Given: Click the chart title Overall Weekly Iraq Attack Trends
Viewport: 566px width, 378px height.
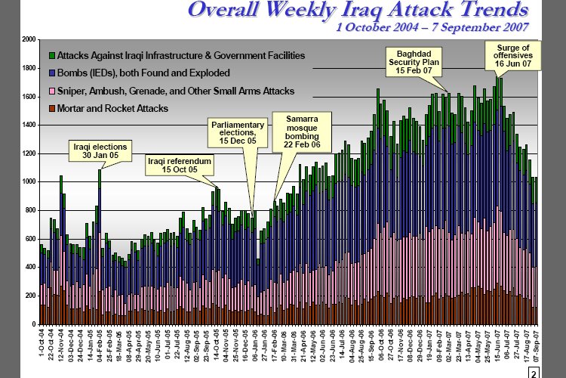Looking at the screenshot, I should [358, 11].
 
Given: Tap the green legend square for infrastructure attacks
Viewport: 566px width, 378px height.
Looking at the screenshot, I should [51, 55].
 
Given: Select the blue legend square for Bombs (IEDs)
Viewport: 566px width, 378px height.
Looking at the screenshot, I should [51, 73].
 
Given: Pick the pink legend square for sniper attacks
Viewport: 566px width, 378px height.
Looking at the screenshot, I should [51, 91].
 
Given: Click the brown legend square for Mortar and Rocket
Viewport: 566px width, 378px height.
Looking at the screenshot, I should [51, 109].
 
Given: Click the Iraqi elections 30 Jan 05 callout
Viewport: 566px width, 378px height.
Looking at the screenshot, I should [100, 150].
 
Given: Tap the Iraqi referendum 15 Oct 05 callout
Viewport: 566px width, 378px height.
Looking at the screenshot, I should [179, 165].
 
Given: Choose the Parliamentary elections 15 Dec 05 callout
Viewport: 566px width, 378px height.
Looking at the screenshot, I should [238, 132].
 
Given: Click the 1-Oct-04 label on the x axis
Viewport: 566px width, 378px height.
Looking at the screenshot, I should [41, 342].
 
